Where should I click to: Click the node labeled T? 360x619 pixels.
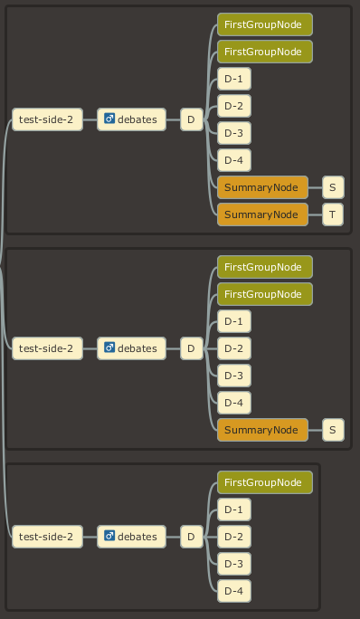(x=333, y=214)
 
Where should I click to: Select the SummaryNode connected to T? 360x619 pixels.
(x=262, y=214)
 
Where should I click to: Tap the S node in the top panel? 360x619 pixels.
(x=333, y=187)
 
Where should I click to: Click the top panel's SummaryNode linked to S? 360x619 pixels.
(x=262, y=187)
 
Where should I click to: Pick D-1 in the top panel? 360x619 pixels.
(x=233, y=79)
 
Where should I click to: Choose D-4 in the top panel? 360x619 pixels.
(x=233, y=160)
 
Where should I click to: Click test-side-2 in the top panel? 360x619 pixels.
(x=46, y=119)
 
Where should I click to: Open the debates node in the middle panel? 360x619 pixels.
(x=131, y=348)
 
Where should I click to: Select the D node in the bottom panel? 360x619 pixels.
(x=190, y=537)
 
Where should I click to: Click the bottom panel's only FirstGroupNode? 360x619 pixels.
(x=264, y=482)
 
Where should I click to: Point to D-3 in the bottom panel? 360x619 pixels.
(x=233, y=564)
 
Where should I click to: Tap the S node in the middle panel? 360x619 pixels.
(x=333, y=430)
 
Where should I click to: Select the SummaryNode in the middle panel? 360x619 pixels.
(x=262, y=430)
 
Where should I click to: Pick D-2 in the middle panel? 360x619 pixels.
(x=233, y=348)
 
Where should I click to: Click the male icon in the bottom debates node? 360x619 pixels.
(x=109, y=537)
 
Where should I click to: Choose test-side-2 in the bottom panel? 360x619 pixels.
(x=46, y=537)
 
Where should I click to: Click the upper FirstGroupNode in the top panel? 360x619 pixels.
(x=264, y=24)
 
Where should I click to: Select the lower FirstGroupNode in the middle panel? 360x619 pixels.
(x=264, y=294)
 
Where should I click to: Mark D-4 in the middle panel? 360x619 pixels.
(x=233, y=403)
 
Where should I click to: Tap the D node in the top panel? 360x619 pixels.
(x=190, y=119)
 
